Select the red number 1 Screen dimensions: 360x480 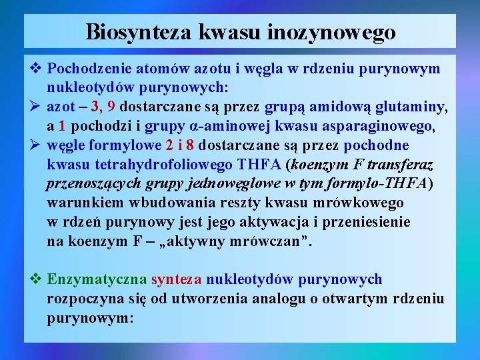click(61, 126)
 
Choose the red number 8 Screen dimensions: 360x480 click(191, 145)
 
